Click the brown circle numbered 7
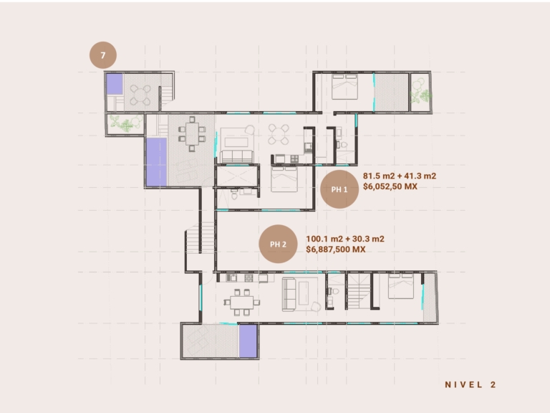point(103,55)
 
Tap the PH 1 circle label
point(339,189)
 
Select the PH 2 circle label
point(278,244)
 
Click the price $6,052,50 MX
point(390,186)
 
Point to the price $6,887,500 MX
point(336,250)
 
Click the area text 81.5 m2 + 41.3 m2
point(400,176)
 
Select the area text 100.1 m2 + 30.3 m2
point(345,239)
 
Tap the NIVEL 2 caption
point(471,384)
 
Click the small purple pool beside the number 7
point(115,84)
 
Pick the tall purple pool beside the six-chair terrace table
point(156,162)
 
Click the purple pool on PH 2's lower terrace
point(248,341)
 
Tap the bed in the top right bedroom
point(344,87)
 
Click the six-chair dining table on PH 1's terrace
point(192,134)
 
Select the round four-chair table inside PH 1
point(279,134)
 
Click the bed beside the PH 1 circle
point(284,179)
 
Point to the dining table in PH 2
point(241,303)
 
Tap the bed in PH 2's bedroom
point(401,286)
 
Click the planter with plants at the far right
point(420,92)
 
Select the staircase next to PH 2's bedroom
point(359,292)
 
